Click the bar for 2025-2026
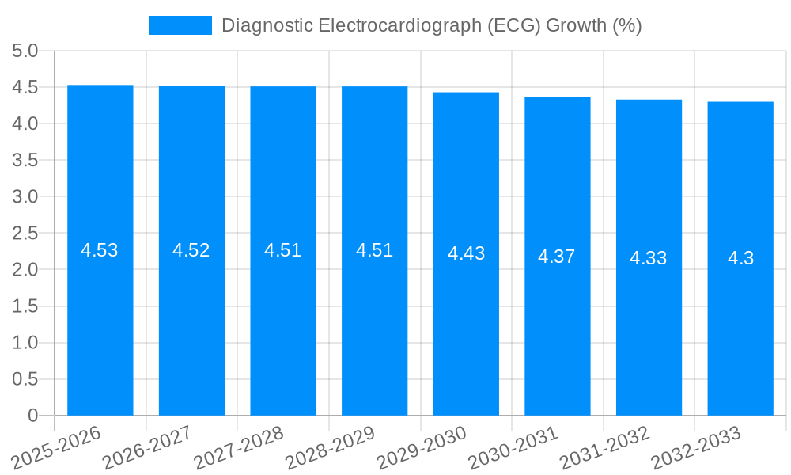pyautogui.click(x=100, y=332)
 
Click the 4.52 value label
pyautogui.click(x=191, y=250)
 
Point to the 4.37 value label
pyautogui.click(x=557, y=256)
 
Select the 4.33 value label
pyautogui.click(x=649, y=258)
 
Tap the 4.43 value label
pyautogui.click(x=466, y=253)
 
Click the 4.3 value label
pyautogui.click(x=740, y=258)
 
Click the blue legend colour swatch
pyautogui.click(x=180, y=25)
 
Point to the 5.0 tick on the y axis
pyautogui.click(x=25, y=51)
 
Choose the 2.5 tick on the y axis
pyautogui.click(x=25, y=233)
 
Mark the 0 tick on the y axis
pyautogui.click(x=33, y=415)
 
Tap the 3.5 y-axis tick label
pyautogui.click(x=25, y=160)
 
